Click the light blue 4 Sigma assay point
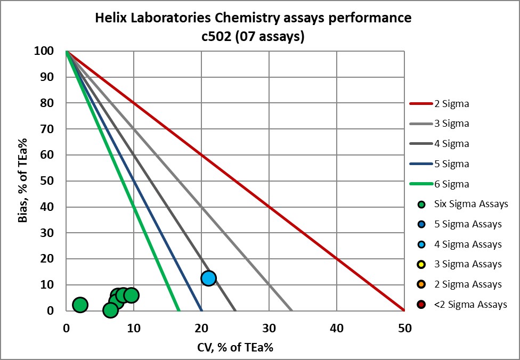tap(208, 278)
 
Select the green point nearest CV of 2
tap(80, 305)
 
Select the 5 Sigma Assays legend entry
tap(461, 224)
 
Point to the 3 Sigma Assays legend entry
tap(461, 264)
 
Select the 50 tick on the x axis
tap(404, 329)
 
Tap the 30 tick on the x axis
tap(269, 329)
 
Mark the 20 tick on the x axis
tap(201, 329)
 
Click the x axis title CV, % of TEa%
tap(235, 347)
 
